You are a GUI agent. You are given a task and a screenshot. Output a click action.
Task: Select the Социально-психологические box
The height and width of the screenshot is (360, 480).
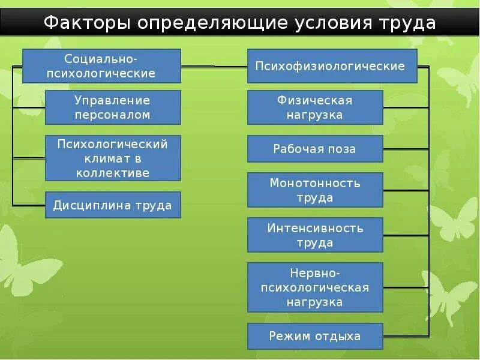point(101,66)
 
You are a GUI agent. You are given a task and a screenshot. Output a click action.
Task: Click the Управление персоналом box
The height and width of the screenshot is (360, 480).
point(113,107)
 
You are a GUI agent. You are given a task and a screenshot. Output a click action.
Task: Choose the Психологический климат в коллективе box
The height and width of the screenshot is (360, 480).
point(113,158)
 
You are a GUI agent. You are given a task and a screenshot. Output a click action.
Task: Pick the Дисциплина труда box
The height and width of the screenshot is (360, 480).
point(113,205)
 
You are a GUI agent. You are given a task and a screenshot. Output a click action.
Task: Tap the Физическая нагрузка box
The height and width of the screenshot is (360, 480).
point(315,107)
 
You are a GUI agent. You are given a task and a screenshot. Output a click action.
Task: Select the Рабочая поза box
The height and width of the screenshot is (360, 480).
point(315,149)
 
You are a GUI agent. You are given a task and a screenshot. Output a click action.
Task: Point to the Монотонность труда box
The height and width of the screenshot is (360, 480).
point(315,190)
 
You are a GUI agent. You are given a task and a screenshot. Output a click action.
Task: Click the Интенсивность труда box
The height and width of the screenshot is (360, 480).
point(315,235)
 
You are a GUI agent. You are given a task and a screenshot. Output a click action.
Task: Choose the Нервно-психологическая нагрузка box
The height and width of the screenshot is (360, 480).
point(315,287)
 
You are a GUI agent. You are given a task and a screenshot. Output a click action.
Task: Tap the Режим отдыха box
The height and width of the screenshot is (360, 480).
point(315,336)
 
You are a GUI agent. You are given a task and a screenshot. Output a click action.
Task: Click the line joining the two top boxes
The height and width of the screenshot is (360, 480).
point(214,66)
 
